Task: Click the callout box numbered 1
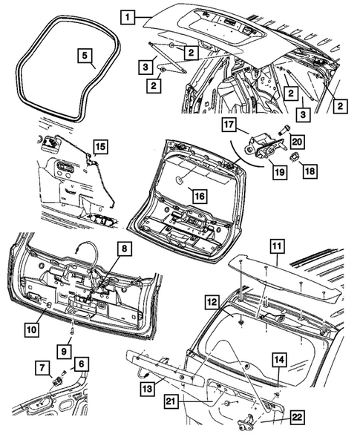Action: [x=128, y=17]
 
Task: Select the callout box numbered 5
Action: [x=85, y=55]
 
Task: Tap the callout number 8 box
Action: [x=124, y=248]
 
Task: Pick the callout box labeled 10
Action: [x=31, y=329]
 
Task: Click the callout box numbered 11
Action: [x=277, y=246]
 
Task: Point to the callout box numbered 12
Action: [x=212, y=302]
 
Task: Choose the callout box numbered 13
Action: [x=148, y=388]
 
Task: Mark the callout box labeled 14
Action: [x=279, y=359]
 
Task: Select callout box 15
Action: [x=101, y=146]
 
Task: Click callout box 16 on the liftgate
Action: [x=200, y=196]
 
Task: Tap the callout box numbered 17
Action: [x=229, y=125]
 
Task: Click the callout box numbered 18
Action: [x=310, y=171]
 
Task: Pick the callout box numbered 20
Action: [x=297, y=142]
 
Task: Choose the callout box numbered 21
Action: [x=171, y=401]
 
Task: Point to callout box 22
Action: [x=297, y=417]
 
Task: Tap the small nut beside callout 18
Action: [x=295, y=158]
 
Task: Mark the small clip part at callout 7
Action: [x=58, y=380]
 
